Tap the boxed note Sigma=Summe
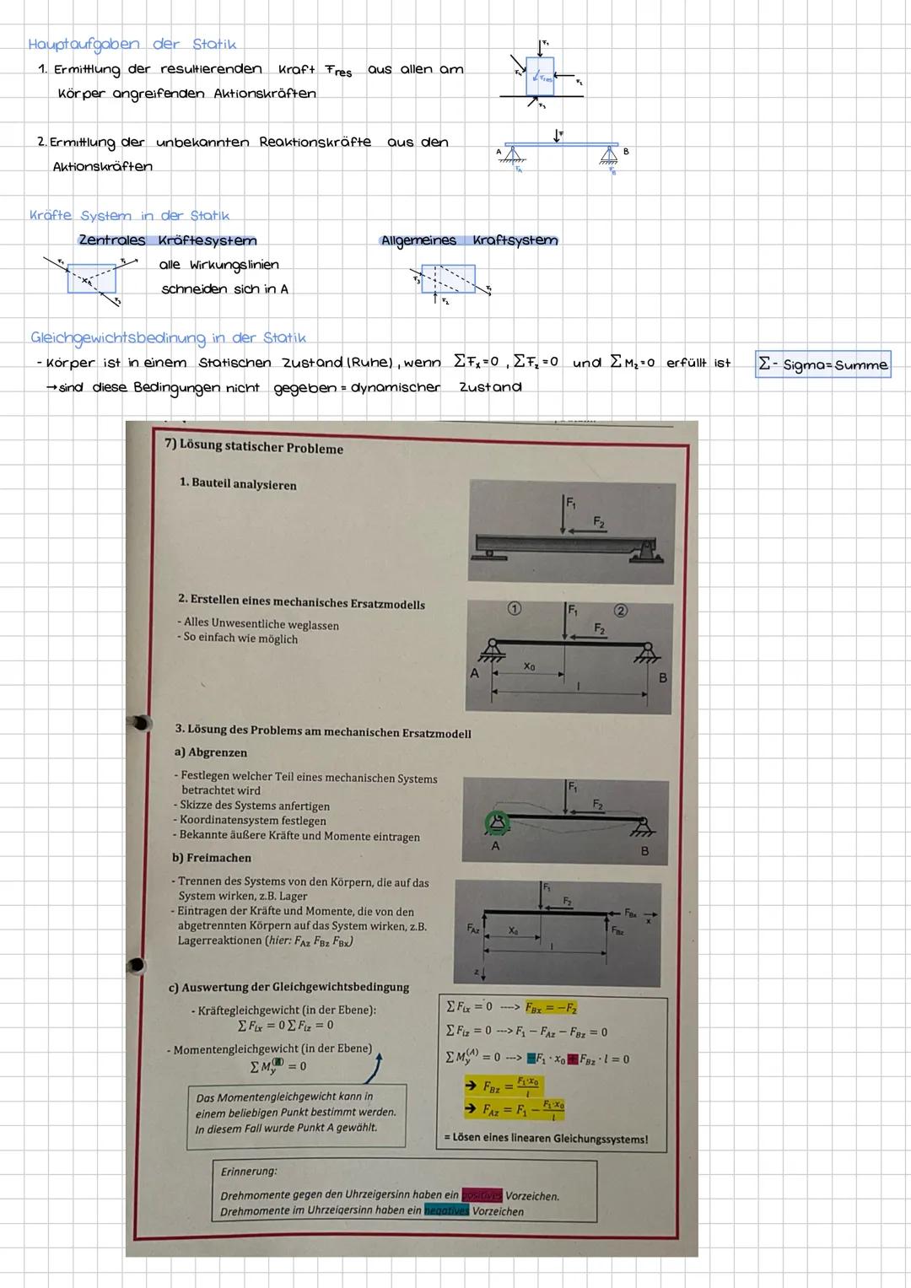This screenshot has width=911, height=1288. coord(822,364)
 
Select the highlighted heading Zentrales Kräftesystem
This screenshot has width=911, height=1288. coord(168,241)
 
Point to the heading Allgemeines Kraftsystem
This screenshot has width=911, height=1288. coord(469,240)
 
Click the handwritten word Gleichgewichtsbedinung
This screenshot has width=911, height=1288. coord(117,338)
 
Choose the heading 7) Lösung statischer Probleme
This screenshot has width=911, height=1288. coord(254,448)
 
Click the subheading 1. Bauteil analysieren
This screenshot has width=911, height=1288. coord(238,485)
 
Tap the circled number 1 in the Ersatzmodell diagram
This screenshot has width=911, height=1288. coord(514,608)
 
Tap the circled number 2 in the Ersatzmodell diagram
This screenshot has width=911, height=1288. coord(620,611)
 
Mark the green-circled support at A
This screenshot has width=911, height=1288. coord(495,822)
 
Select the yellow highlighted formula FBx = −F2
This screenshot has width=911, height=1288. coord(551,1008)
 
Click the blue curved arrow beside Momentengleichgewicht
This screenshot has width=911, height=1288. coord(373,1066)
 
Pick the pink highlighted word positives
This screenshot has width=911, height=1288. coord(482,1195)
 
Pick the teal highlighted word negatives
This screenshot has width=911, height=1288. coord(446,1211)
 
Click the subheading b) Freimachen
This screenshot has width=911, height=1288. coord(212,858)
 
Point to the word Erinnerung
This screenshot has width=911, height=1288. coord(249,1172)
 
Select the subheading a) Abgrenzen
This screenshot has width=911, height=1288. coord(211,752)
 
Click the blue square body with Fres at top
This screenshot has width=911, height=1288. coord(540,75)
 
